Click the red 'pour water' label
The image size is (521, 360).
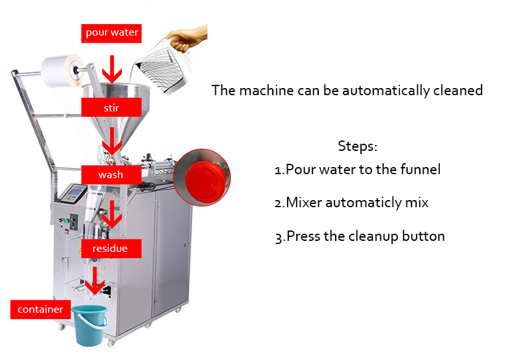point(112,32)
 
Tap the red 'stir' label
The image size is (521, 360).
point(111,106)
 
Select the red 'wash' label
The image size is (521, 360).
point(111,174)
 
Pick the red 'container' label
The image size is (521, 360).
point(40,309)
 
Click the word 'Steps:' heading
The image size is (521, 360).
point(357,146)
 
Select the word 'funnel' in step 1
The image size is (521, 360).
point(419,170)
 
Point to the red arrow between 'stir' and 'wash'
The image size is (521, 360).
point(113,139)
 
